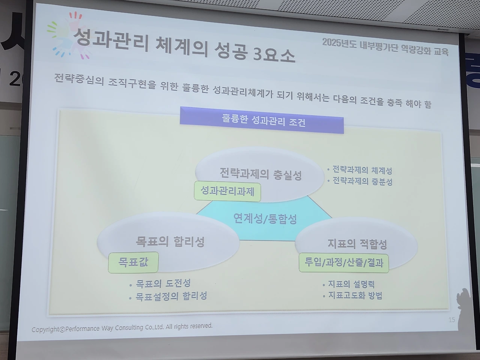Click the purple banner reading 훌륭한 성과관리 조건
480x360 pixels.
click(x=261, y=120)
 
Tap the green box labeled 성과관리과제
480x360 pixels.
click(x=227, y=192)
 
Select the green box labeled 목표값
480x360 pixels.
click(x=133, y=262)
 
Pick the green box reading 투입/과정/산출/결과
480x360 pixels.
click(x=344, y=263)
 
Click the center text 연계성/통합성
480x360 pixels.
click(x=265, y=218)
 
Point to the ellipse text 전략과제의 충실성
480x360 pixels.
click(x=261, y=174)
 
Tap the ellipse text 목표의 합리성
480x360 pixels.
click(x=170, y=242)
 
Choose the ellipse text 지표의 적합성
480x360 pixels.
click(x=357, y=244)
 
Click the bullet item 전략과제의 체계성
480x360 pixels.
click(x=362, y=170)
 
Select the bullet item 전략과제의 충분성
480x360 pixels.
click(x=362, y=181)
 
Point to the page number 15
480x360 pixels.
click(x=451, y=320)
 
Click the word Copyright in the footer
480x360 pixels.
click(x=45, y=329)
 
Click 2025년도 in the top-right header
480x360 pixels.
click(x=340, y=43)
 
